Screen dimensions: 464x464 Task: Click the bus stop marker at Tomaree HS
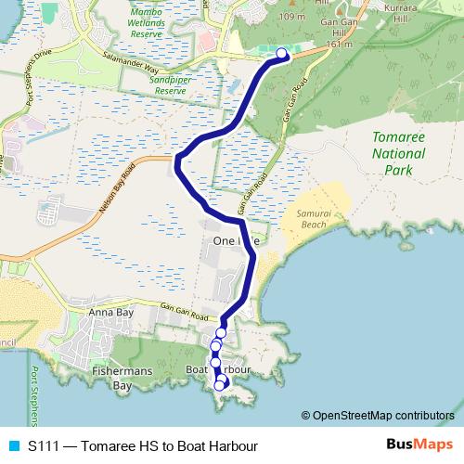(x=283, y=54)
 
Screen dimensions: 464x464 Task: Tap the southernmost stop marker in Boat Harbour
(x=220, y=385)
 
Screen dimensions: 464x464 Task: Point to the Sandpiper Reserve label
(x=168, y=86)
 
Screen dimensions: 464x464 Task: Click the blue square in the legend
(x=14, y=445)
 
